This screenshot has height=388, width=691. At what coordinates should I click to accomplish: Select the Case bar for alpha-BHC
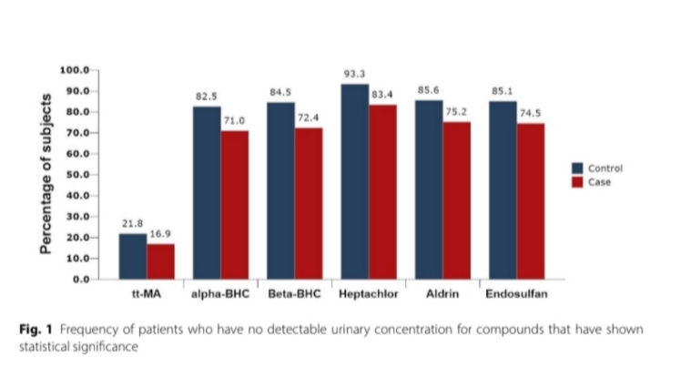(235, 205)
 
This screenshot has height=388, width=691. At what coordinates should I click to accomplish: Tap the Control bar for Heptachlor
(354, 181)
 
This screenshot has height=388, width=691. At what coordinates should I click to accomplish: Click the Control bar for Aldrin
(429, 189)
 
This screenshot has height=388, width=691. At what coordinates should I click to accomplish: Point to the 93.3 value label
(354, 73)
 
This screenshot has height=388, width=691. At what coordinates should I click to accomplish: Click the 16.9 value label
(161, 234)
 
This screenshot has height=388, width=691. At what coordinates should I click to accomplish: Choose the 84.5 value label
(280, 92)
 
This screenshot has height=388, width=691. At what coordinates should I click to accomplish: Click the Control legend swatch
(577, 168)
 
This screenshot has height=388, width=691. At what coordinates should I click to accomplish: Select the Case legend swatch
(577, 182)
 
